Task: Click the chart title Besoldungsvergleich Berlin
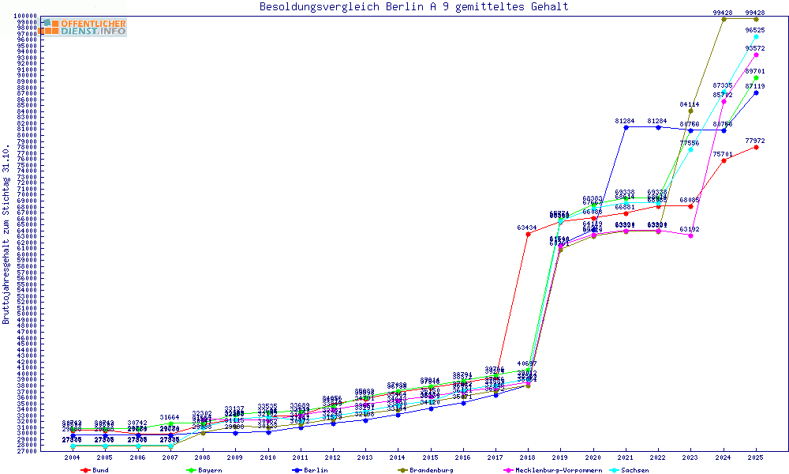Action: coord(413,7)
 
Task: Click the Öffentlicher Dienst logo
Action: coord(84,28)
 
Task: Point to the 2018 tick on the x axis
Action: coord(528,457)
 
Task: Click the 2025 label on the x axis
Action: coord(756,457)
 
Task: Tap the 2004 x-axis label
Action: coord(73,457)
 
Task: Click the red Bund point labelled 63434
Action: coord(528,234)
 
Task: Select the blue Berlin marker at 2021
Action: coord(626,127)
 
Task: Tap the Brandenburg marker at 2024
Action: coord(724,19)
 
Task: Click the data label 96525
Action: coord(755,30)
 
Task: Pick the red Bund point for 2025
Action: coord(756,147)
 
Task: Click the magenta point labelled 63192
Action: coord(690,235)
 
